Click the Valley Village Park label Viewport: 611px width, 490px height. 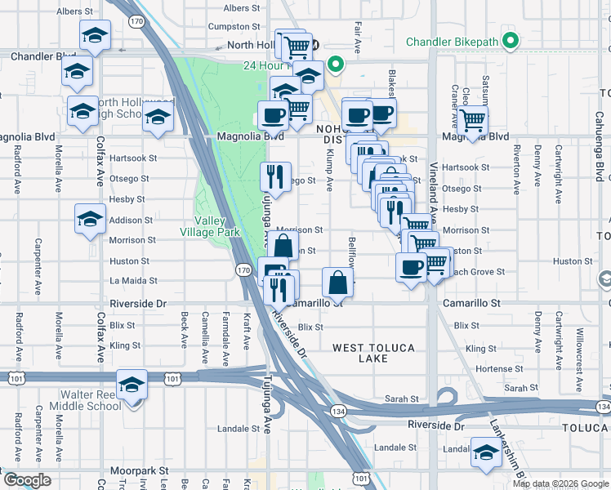[x=210, y=226]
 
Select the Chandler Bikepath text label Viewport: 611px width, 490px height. [x=453, y=41]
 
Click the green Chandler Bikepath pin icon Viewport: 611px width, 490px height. [x=511, y=40]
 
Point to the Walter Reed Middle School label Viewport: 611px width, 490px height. [x=85, y=400]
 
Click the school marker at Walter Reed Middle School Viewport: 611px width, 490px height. [x=131, y=384]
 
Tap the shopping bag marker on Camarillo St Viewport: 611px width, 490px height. [x=337, y=283]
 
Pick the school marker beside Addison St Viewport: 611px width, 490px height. [x=90, y=218]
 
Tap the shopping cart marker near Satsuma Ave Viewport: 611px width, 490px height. [x=473, y=120]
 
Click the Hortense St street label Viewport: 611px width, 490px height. [x=493, y=369]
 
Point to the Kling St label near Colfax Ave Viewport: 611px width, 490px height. [x=125, y=345]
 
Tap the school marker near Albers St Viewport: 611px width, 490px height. [x=95, y=35]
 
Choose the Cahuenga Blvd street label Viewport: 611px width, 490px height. [x=598, y=160]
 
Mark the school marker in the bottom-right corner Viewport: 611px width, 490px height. [x=485, y=452]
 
